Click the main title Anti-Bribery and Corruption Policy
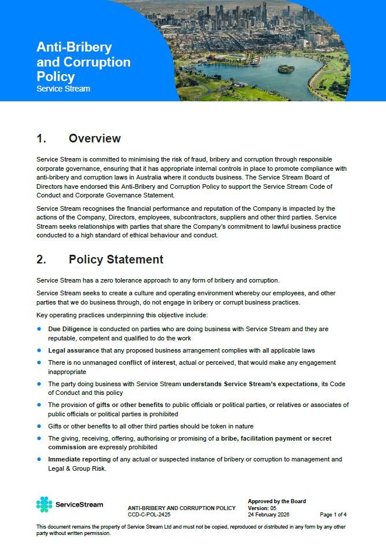[83, 62]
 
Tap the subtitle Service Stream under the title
[63, 89]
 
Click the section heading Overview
[94, 138]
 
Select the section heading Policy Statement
[116, 259]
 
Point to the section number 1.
[41, 138]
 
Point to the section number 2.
[41, 259]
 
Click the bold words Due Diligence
[69, 329]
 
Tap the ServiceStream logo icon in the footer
[44, 504]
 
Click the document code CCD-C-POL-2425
[149, 514]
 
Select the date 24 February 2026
[269, 514]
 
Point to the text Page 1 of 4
[333, 514]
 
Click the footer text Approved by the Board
[277, 501]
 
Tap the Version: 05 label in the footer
[262, 508]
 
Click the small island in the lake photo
[286, 68]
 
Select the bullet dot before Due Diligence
[39, 329]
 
